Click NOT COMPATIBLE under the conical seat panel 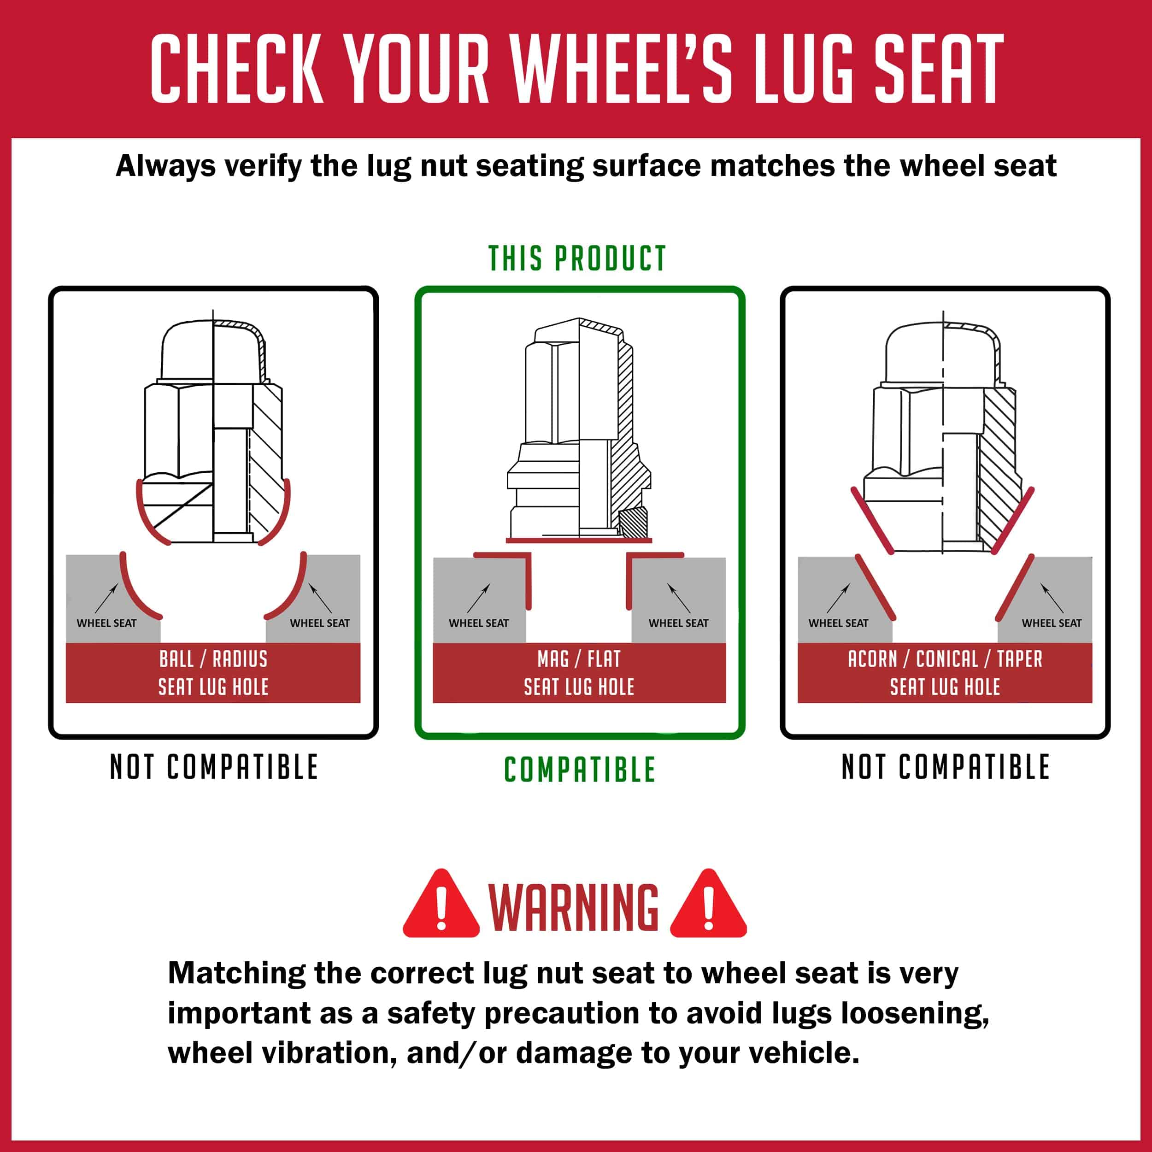point(945,767)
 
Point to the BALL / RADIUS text point(213,659)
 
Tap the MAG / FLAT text point(579,659)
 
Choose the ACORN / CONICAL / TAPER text point(945,659)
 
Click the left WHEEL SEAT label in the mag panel point(479,623)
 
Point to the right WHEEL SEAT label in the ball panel point(320,623)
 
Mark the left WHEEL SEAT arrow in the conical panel point(838,598)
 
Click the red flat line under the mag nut point(579,540)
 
